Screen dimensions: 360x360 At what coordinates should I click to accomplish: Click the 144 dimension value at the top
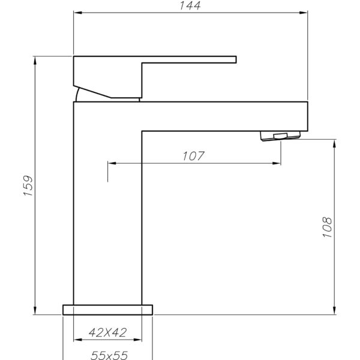(190, 5)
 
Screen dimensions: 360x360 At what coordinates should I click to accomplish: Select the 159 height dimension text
(27, 185)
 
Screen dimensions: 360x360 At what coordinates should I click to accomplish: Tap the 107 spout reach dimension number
(193, 156)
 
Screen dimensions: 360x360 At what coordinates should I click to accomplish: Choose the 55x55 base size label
(109, 355)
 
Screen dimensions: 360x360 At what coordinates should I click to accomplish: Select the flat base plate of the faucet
(107, 309)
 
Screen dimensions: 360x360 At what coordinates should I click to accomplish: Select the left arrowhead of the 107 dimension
(112, 163)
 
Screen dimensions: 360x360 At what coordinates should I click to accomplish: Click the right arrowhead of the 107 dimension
(277, 163)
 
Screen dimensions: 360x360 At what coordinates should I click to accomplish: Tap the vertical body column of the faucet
(107, 210)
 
